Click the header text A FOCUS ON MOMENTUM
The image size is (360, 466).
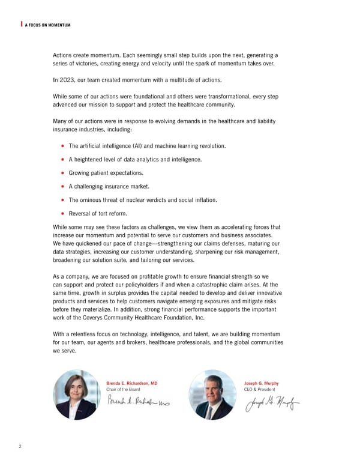[47, 25]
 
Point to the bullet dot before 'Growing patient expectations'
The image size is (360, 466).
[63, 173]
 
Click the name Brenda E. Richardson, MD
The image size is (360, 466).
[132, 383]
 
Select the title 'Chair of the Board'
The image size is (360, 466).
[122, 390]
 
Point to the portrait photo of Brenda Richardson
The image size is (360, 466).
[76, 394]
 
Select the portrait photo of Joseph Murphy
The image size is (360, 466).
[212, 394]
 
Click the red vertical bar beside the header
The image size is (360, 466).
[22, 24]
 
